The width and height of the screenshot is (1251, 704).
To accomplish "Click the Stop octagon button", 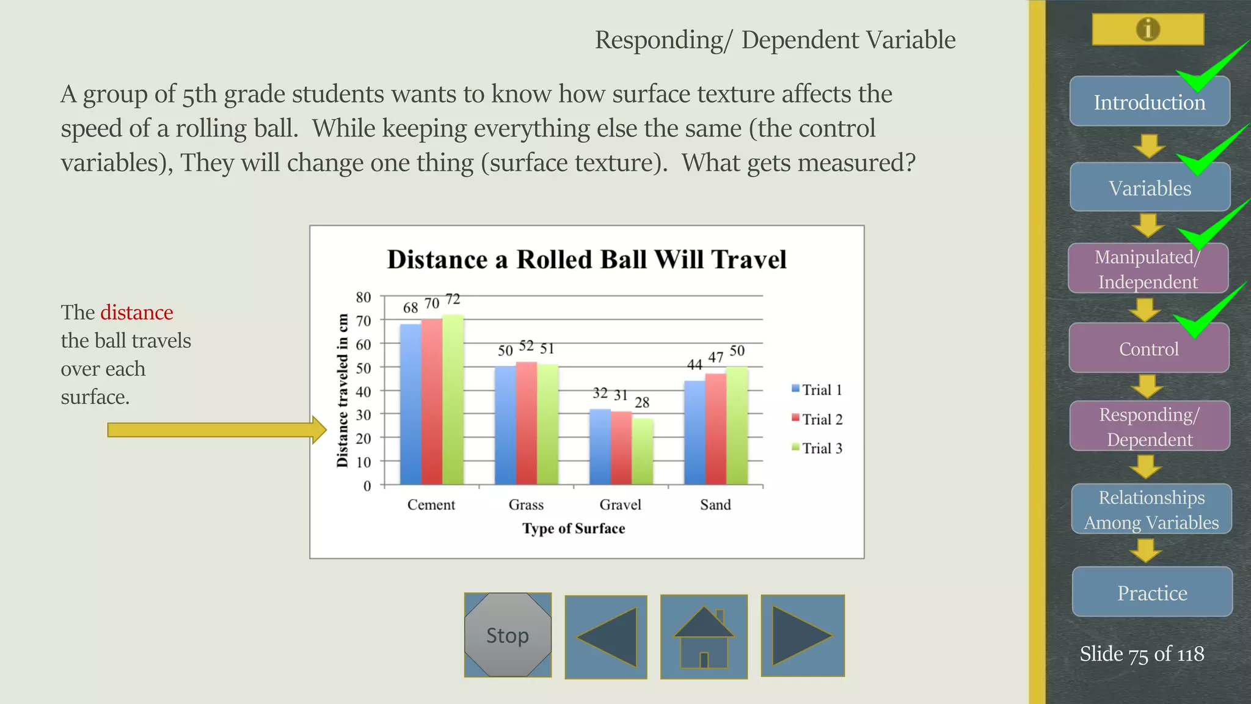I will pyautogui.click(x=508, y=635).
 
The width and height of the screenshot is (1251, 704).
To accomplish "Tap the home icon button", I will pyautogui.click(x=704, y=637).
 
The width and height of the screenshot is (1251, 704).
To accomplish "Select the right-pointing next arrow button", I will pyautogui.click(x=802, y=636).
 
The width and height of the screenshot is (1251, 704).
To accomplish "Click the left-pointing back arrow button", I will pyautogui.click(x=606, y=637).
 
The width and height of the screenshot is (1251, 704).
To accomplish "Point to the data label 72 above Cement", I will pyautogui.click(x=453, y=299).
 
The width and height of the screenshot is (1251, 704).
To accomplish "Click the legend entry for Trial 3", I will pyautogui.click(x=817, y=448).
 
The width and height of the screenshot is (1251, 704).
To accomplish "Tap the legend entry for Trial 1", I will pyautogui.click(x=817, y=390).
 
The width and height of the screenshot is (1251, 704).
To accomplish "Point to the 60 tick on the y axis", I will pyautogui.click(x=363, y=345).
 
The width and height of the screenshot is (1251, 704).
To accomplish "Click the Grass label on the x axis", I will pyautogui.click(x=526, y=505).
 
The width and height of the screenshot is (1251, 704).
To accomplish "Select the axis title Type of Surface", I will pyautogui.click(x=573, y=529).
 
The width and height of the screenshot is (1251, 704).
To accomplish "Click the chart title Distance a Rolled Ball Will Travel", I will pyautogui.click(x=586, y=260).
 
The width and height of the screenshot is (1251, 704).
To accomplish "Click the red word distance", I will pyautogui.click(x=137, y=312).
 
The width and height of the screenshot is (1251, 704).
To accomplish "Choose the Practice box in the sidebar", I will pyautogui.click(x=1152, y=592).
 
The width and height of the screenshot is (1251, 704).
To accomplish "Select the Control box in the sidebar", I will pyautogui.click(x=1148, y=349).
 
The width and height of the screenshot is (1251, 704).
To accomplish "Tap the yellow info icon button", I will pyautogui.click(x=1148, y=29).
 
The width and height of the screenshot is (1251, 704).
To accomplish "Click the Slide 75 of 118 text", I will pyautogui.click(x=1141, y=654).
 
